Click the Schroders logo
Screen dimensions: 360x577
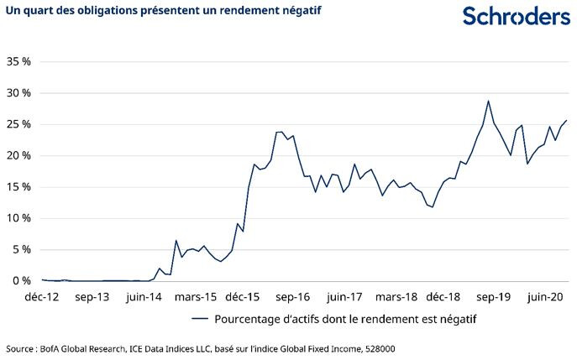pos(516,16)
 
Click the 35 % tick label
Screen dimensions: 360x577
pos(18,62)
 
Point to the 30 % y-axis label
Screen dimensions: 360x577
pos(18,93)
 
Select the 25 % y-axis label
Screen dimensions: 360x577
pos(18,124)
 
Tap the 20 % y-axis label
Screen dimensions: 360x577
pos(18,156)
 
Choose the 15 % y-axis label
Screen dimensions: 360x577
pos(18,187)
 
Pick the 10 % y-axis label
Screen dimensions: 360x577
pos(18,218)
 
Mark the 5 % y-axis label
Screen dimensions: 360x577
pos(22,250)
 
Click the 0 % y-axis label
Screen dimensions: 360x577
pos(22,281)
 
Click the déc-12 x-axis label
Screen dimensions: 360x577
pos(42,296)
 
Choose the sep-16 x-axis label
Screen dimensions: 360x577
pos(293,296)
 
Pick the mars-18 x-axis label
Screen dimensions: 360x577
pos(396,296)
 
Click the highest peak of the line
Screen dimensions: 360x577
pos(488,101)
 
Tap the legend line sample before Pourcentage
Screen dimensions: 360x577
pos(199,319)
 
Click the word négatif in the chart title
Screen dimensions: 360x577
pos(297,10)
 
